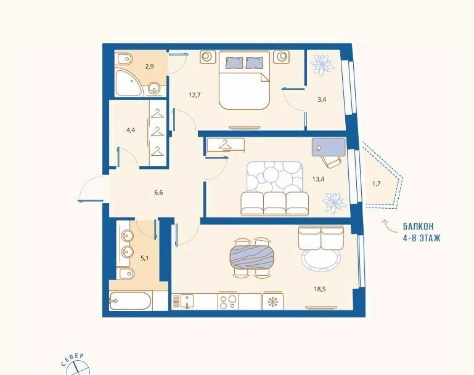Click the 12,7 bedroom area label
pyautogui.click(x=195, y=95)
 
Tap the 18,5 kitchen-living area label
pyautogui.click(x=320, y=289)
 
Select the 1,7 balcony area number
pyautogui.click(x=376, y=183)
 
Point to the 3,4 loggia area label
pyautogui.click(x=322, y=99)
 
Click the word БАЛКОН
pyautogui.click(x=418, y=226)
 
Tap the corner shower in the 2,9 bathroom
pyautogui.click(x=128, y=83)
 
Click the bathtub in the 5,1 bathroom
pyautogui.click(x=130, y=300)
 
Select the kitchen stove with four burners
pyautogui.click(x=227, y=301)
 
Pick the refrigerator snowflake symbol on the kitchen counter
pyautogui.click(x=272, y=301)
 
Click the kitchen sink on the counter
pyautogui.click(x=187, y=301)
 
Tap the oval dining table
pyautogui.click(x=253, y=257)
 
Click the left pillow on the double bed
pyautogui.click(x=234, y=63)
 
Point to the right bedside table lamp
pyautogui.click(x=282, y=57)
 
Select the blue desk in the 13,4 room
pyautogui.click(x=329, y=147)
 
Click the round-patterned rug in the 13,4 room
pyautogui.click(x=274, y=178)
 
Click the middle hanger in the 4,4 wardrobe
pyautogui.click(x=157, y=132)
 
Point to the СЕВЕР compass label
pyautogui.click(x=72, y=360)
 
